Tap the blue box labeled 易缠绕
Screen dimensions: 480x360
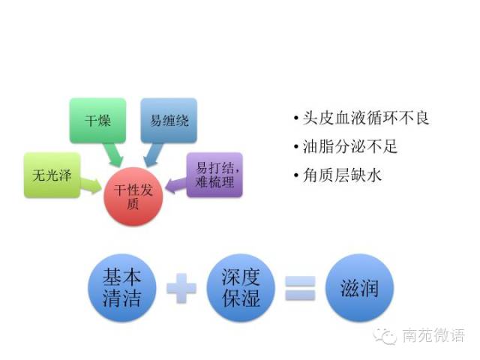coord(169,120)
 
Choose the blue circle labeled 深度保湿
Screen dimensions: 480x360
coord(241,288)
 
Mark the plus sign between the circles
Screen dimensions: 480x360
coord(182,288)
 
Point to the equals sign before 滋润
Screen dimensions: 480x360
coord(301,288)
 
